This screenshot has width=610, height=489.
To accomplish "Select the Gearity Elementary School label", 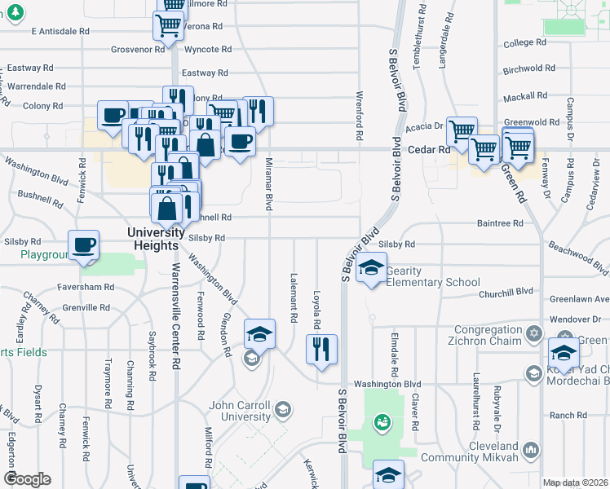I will coord(432,276).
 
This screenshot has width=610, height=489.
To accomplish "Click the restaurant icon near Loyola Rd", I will coord(321,349).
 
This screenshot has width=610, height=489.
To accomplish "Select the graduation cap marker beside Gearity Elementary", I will coord(372,267).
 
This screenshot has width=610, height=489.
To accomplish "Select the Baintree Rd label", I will coord(499,222).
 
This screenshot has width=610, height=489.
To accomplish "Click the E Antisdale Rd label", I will coord(60,31).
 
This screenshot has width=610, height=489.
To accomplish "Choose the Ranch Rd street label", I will coord(563,415).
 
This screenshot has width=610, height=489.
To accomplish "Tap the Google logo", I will coord(27,479).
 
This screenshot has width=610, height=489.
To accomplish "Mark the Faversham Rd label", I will coord(86,287).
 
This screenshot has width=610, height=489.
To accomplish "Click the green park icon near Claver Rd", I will coord(381,421).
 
